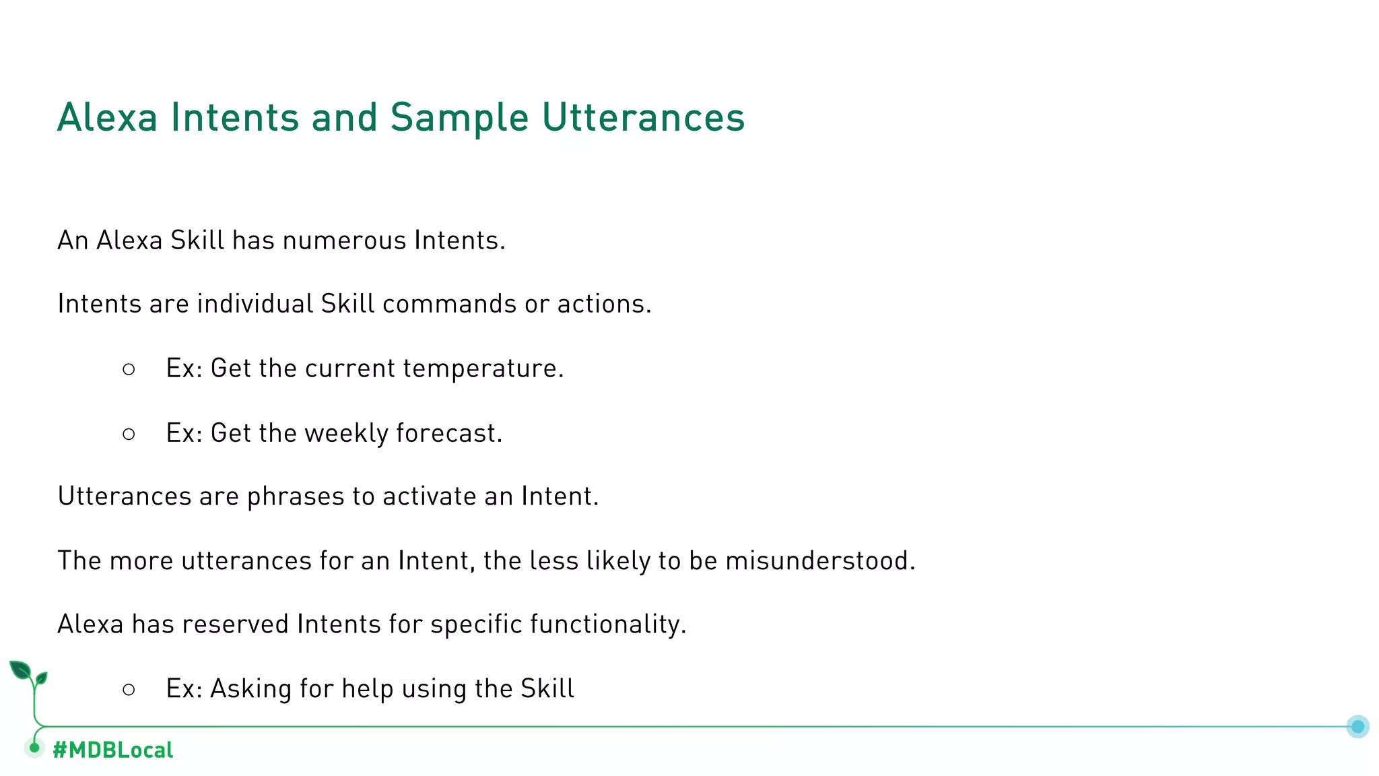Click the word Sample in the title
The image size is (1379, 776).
[x=459, y=119]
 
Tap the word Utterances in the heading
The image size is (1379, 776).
[x=643, y=117]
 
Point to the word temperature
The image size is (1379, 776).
[x=483, y=368]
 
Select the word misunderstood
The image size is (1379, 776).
[x=819, y=561]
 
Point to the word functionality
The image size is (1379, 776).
[x=607, y=624]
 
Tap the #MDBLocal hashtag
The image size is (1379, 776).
[x=112, y=750]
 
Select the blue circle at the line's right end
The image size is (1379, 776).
[x=1357, y=726]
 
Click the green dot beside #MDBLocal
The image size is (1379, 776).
[x=34, y=748]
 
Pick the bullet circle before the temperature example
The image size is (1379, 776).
[x=129, y=369]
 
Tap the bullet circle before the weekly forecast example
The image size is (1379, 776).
[x=129, y=434]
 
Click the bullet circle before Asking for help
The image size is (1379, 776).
[x=129, y=690]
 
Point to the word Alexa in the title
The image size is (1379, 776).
[x=108, y=117]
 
